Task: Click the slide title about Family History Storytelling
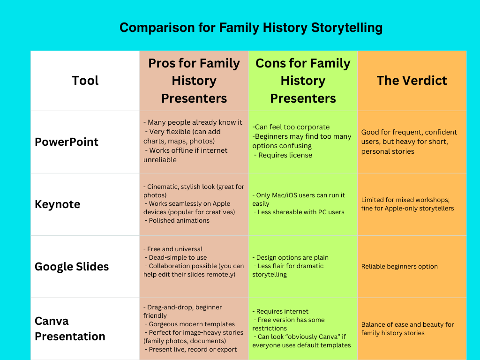pos(251,28)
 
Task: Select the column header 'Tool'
pos(85,81)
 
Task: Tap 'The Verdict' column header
pos(412,81)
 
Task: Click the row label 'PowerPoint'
pos(67,142)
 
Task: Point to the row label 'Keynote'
pos(58,204)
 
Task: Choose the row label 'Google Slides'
pos(72,267)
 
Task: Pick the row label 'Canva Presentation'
pos(70,329)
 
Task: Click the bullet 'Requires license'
pos(285,155)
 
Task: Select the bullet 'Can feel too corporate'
pos(292,127)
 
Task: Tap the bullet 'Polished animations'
pos(179,220)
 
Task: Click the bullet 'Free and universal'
pos(175,249)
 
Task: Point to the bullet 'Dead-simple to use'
pos(178,257)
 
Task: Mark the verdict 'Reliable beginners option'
pos(399,266)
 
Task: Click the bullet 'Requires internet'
pos(282,311)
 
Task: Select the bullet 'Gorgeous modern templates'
pos(192,324)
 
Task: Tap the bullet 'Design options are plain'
pos(292,257)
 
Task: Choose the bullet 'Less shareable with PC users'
pos(301,212)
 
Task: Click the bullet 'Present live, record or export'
pos(193,349)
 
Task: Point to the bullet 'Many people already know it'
pos(195,122)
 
